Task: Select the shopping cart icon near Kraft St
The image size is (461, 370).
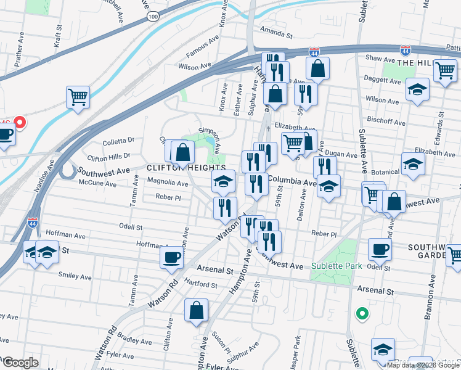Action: [78, 97]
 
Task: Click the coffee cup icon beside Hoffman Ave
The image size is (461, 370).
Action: [171, 257]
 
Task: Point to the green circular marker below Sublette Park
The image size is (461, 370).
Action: [362, 314]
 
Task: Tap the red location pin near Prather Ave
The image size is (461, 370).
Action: [19, 122]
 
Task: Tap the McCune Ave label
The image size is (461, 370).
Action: [96, 182]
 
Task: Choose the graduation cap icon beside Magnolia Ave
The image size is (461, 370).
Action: [224, 181]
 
